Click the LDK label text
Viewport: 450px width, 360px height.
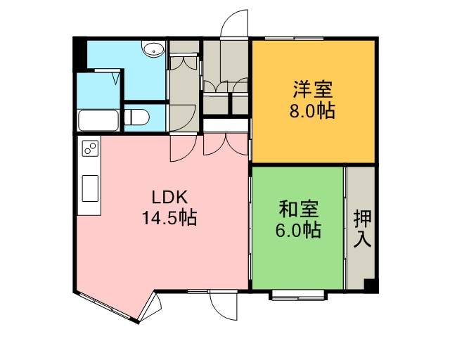click(x=169, y=197)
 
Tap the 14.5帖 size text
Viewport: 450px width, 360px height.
click(x=169, y=217)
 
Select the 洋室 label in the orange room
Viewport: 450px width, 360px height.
click(x=312, y=89)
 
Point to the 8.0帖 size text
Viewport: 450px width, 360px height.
click(x=312, y=110)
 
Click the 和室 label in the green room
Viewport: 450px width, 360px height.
click(x=299, y=210)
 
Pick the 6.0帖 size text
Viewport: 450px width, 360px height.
click(x=298, y=230)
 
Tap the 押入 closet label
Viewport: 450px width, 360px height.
click(x=363, y=229)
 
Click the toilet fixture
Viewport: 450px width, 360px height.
click(x=137, y=117)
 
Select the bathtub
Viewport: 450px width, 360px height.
click(x=98, y=120)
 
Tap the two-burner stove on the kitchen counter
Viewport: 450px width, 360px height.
click(x=91, y=148)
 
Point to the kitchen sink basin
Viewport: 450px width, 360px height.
click(x=91, y=188)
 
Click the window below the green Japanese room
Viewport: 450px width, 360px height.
click(x=298, y=295)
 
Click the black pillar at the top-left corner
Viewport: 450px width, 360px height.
click(x=79, y=55)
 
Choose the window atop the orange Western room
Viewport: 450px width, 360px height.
click(x=294, y=38)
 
